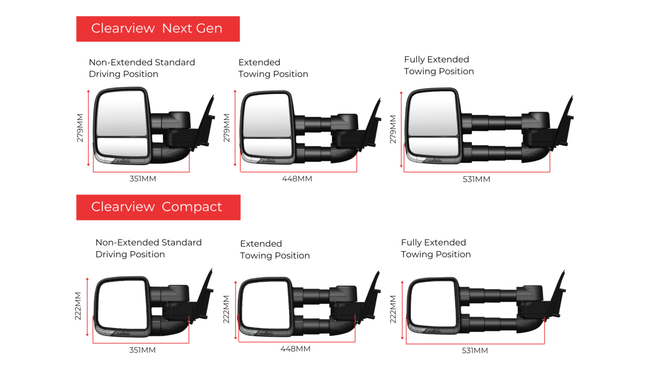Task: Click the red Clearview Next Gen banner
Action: tap(158, 28)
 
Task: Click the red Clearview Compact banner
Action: tap(158, 207)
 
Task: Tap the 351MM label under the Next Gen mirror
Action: tap(143, 179)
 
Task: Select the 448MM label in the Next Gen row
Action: tap(297, 179)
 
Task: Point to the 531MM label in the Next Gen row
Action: tap(476, 179)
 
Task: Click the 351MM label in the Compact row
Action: tap(143, 350)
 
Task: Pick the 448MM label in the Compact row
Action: tap(296, 349)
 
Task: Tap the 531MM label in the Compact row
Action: tap(475, 351)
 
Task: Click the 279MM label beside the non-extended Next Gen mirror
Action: tap(80, 128)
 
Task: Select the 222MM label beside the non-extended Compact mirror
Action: tap(78, 306)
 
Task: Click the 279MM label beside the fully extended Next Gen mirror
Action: tap(393, 129)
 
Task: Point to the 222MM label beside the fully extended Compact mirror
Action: tap(393, 309)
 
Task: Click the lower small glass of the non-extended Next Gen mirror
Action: tap(122, 147)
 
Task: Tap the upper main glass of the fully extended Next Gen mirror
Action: tap(433, 113)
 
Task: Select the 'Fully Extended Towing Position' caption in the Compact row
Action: tap(436, 248)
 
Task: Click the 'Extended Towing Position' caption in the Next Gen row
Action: tap(273, 68)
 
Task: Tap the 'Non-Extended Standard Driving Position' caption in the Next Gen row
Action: tap(142, 68)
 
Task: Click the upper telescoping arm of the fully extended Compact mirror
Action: tap(492, 296)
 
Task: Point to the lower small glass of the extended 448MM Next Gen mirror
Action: tap(268, 148)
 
